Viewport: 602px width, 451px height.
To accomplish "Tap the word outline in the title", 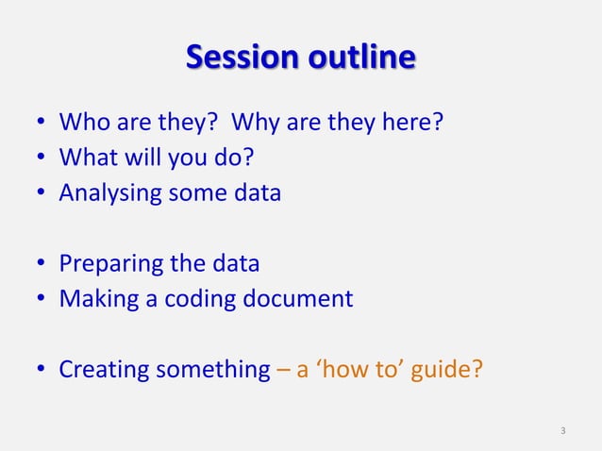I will pyautogui.click(x=359, y=58).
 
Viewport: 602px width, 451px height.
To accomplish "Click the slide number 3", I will pyautogui.click(x=563, y=432).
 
